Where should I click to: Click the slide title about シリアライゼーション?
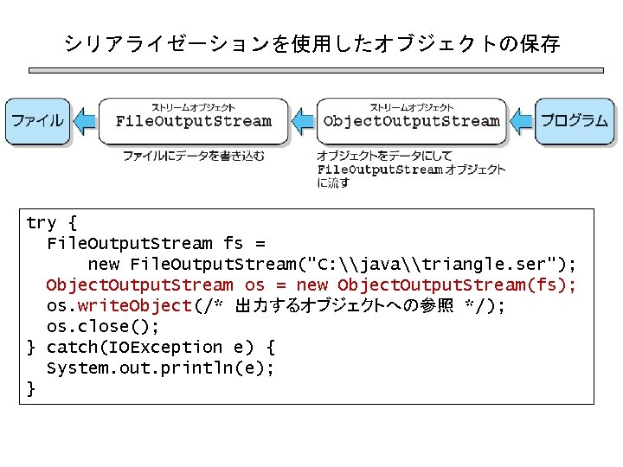click(x=311, y=43)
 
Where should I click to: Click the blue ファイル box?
click(x=37, y=120)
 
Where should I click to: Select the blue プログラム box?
click(x=575, y=120)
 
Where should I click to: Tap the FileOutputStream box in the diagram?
click(x=193, y=120)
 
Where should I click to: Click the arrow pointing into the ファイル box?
click(x=84, y=120)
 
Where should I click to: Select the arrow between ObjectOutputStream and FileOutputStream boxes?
click(x=302, y=120)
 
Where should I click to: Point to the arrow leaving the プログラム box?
click(x=522, y=120)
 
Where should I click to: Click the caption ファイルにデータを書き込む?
click(x=193, y=157)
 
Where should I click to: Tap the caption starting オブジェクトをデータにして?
click(x=410, y=169)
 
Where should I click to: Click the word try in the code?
click(x=41, y=223)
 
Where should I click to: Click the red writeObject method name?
click(x=134, y=305)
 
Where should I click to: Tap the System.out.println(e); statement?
click(x=160, y=368)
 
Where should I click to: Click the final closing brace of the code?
click(x=32, y=388)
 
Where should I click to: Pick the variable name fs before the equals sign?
click(x=233, y=244)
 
